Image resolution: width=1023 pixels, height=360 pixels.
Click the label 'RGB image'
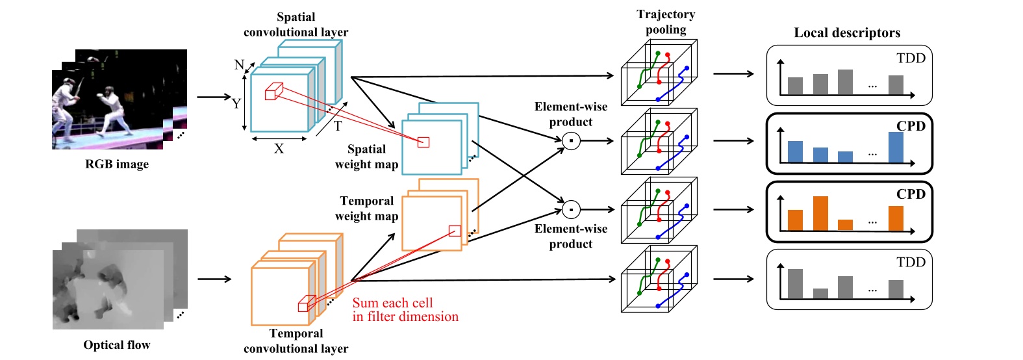click(x=117, y=164)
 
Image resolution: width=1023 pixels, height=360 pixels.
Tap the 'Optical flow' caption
click(x=117, y=345)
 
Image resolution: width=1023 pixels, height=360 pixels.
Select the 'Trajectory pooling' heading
click(x=666, y=22)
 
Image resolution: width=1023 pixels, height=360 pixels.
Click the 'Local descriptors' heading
click(x=847, y=33)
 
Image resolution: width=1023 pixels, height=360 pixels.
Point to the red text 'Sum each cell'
click(x=392, y=303)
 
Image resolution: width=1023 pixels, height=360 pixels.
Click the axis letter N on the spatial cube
click(x=238, y=65)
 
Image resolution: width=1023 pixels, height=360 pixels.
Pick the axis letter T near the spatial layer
click(x=338, y=126)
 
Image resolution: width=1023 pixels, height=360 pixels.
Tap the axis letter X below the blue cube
click(x=279, y=149)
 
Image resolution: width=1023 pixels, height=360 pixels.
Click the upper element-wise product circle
click(x=571, y=140)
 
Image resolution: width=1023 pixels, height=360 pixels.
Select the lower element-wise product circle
click(x=571, y=209)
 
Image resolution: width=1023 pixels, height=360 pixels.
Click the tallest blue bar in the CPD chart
click(x=896, y=147)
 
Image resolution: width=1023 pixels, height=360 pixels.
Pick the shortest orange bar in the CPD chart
click(x=845, y=225)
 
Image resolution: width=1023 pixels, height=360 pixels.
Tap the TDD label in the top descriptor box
click(x=911, y=58)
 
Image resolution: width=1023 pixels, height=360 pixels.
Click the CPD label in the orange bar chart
click(x=911, y=194)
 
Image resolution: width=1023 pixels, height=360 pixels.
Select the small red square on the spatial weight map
click(x=423, y=142)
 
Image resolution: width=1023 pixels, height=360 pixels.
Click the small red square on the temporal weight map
click(x=455, y=231)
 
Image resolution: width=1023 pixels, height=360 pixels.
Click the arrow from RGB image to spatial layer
click(x=214, y=97)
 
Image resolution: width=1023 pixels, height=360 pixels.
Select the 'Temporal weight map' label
click(x=366, y=209)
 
